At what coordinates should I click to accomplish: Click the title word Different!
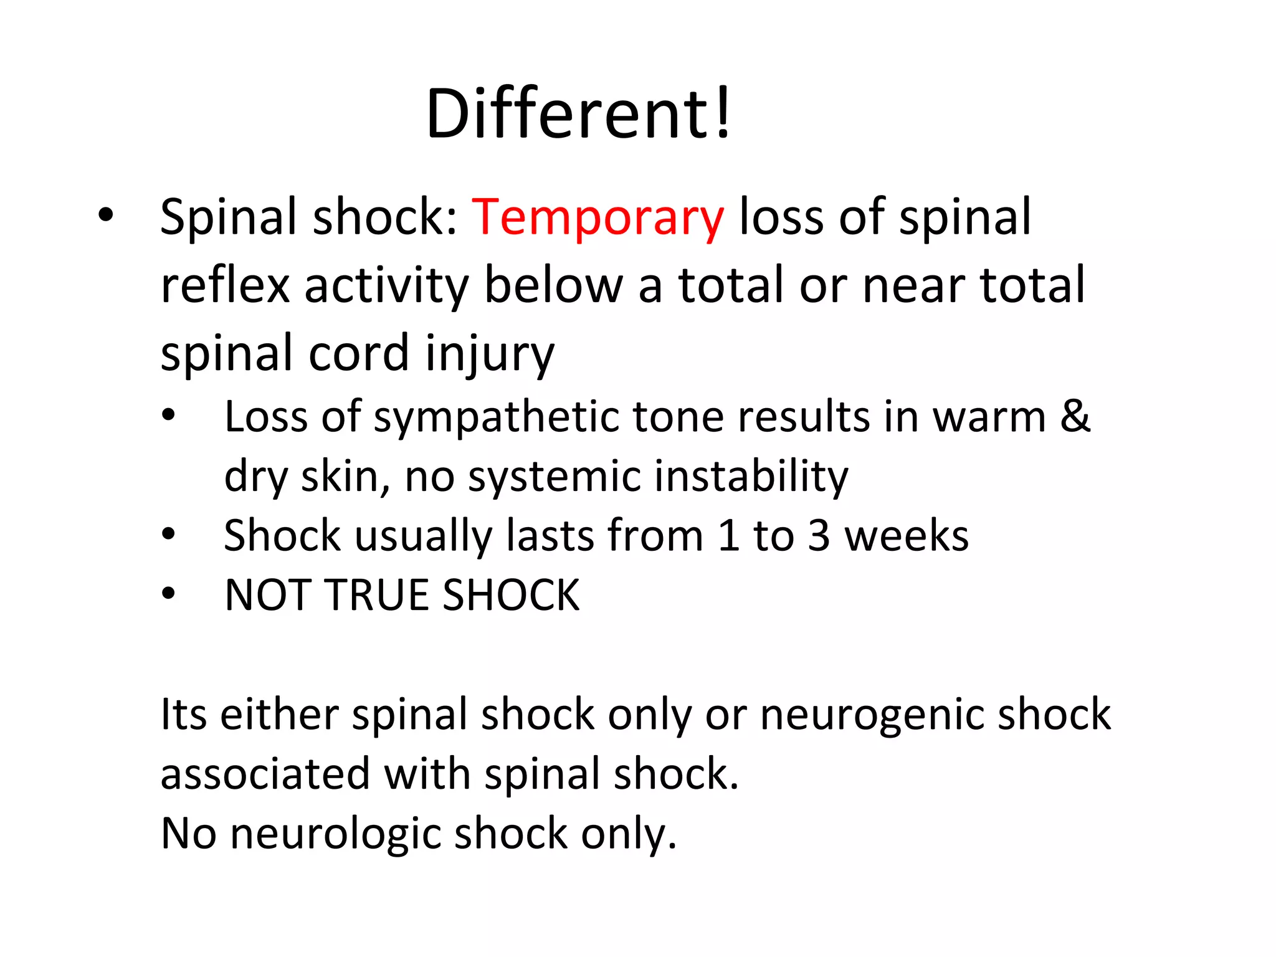pos(578,115)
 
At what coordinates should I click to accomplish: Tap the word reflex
pos(225,285)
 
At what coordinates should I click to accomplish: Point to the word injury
pos(490,354)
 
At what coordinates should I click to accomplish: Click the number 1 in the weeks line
pos(728,536)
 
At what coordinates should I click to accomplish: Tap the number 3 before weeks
pos(819,536)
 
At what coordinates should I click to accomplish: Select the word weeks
pos(907,536)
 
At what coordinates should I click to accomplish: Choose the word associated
pos(265,774)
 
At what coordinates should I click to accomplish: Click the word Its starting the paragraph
pos(184,714)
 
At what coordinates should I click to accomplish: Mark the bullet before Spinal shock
pos(106,215)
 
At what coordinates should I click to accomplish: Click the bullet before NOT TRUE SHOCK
pos(168,594)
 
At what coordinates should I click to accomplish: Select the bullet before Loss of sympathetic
pos(168,416)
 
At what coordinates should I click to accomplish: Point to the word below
pos(554,285)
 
